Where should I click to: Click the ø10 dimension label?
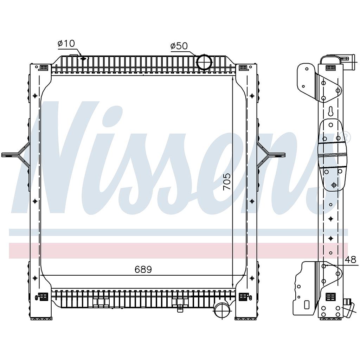pos(66,44)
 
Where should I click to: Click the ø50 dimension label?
pos(179,46)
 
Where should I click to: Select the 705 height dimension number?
pos(227,181)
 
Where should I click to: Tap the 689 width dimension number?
pos(143,270)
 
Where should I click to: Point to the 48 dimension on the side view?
pos(350,260)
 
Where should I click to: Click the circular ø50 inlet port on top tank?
pos(204,62)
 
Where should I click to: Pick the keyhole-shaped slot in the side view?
pos(331,111)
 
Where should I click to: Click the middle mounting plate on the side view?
pos(332,155)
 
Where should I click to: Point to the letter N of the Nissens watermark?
pos(56,158)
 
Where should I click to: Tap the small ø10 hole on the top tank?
pos(83,58)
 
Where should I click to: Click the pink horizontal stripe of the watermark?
pos(176,250)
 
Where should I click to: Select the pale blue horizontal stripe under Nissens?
pos(176,232)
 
